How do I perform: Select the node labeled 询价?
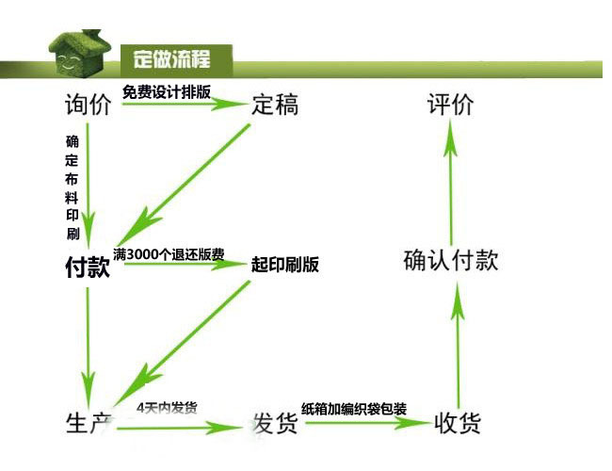click(x=88, y=105)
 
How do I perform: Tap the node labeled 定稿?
click(x=275, y=105)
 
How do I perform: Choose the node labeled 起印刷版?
click(x=285, y=265)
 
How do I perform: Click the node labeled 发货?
click(x=275, y=425)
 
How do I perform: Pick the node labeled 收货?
click(x=459, y=423)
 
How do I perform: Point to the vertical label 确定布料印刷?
click(x=72, y=187)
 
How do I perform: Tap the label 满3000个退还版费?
click(x=169, y=254)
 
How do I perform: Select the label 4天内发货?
click(x=167, y=408)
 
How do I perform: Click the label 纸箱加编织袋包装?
click(x=354, y=409)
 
